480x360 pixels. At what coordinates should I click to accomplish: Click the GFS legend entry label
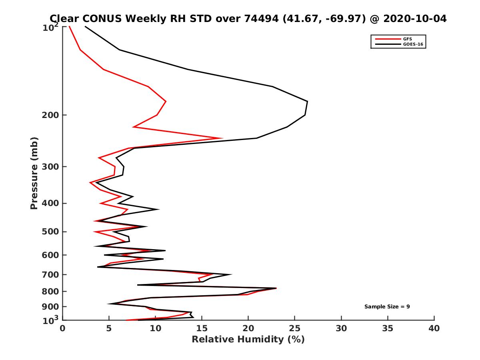pyautogui.click(x=408, y=39)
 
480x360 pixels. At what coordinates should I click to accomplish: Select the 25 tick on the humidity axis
pyautogui.click(x=295, y=328)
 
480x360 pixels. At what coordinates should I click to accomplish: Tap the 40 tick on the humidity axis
pyautogui.click(x=434, y=328)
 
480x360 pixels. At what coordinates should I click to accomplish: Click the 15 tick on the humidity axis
pyautogui.click(x=202, y=328)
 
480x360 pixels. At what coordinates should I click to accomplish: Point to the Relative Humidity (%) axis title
pyautogui.click(x=248, y=340)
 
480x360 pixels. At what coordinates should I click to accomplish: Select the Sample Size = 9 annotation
pyautogui.click(x=387, y=307)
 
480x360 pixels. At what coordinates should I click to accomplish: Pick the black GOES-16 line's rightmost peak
pyautogui.click(x=307, y=102)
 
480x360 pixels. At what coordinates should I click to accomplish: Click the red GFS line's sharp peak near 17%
pyautogui.click(x=222, y=138)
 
